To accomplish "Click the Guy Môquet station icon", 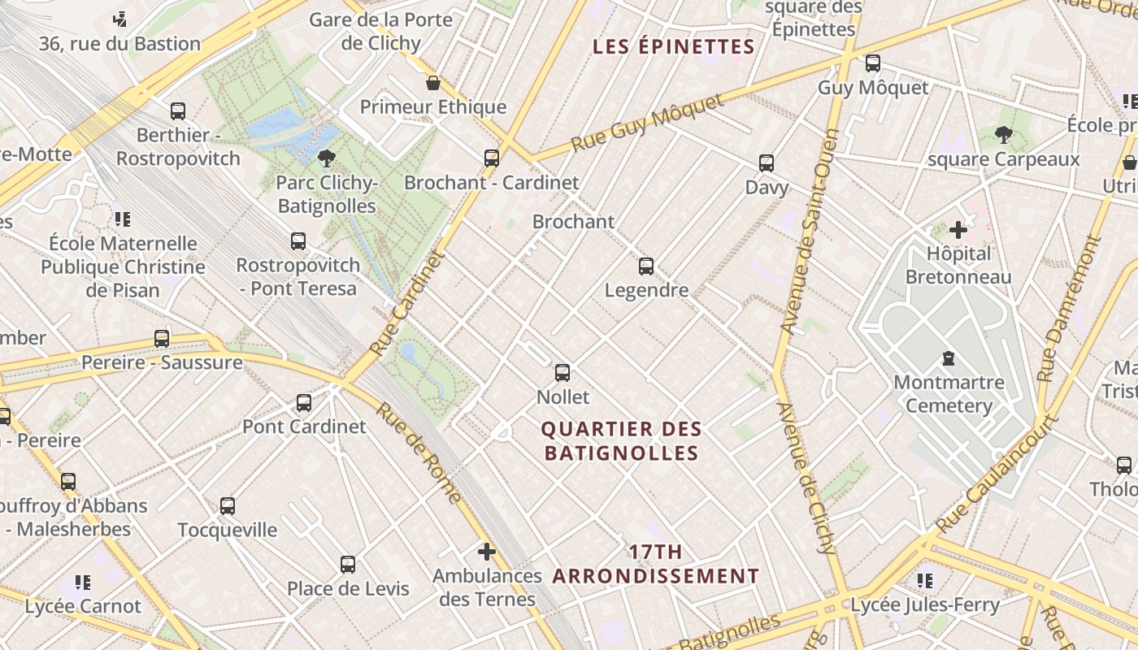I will tap(873, 63).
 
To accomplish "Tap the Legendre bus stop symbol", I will tap(646, 266).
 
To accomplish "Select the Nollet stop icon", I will tap(562, 374).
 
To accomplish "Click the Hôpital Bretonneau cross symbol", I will tap(958, 230).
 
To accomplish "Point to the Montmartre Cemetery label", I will tap(949, 394).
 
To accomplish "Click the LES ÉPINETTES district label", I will tap(674, 46).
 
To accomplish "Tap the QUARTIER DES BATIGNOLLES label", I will tap(622, 441).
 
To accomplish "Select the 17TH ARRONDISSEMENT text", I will tap(656, 565).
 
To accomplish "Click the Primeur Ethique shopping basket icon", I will tap(433, 83).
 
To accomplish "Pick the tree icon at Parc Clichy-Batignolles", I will tap(327, 158).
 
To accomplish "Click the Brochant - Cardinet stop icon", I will tap(492, 158).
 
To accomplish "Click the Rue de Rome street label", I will tap(419, 453).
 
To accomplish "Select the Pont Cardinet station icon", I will tap(304, 403).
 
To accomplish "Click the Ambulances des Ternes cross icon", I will tap(487, 552).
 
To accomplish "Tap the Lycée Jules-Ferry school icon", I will tap(924, 581).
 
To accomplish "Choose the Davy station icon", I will tap(767, 163).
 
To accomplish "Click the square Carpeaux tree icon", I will tap(1004, 135).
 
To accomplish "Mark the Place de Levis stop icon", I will tap(348, 565).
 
